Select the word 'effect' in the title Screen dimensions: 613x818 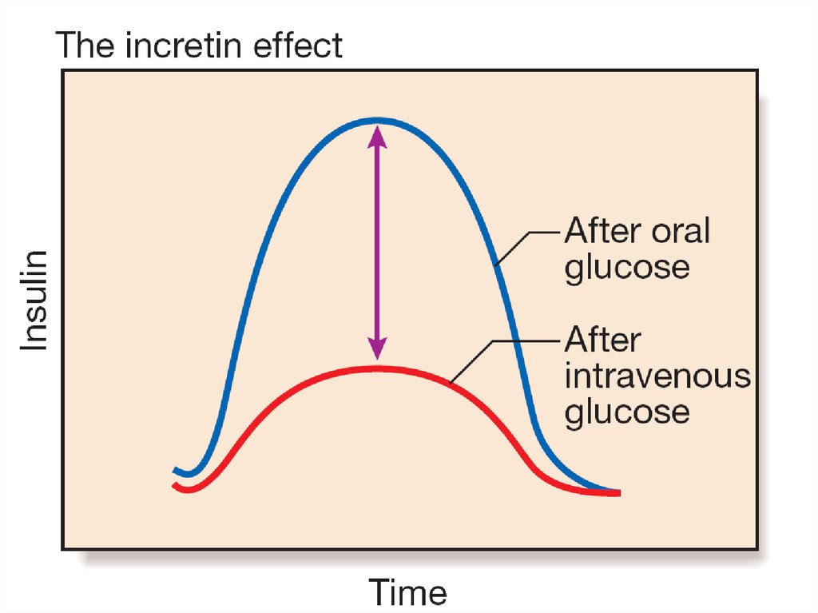[x=301, y=46]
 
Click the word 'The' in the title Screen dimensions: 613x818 [x=84, y=46]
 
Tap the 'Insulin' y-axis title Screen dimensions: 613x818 [x=34, y=300]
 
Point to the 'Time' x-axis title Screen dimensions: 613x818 [x=407, y=593]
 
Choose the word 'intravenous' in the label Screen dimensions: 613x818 [x=657, y=376]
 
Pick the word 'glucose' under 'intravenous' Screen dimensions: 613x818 [x=626, y=412]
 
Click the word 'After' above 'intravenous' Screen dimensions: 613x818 [x=602, y=340]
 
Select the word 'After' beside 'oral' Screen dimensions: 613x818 [x=602, y=232]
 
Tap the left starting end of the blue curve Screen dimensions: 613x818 [x=175, y=469]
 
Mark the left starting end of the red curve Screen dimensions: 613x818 [x=175, y=484]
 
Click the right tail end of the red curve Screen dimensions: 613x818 [x=617, y=493]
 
